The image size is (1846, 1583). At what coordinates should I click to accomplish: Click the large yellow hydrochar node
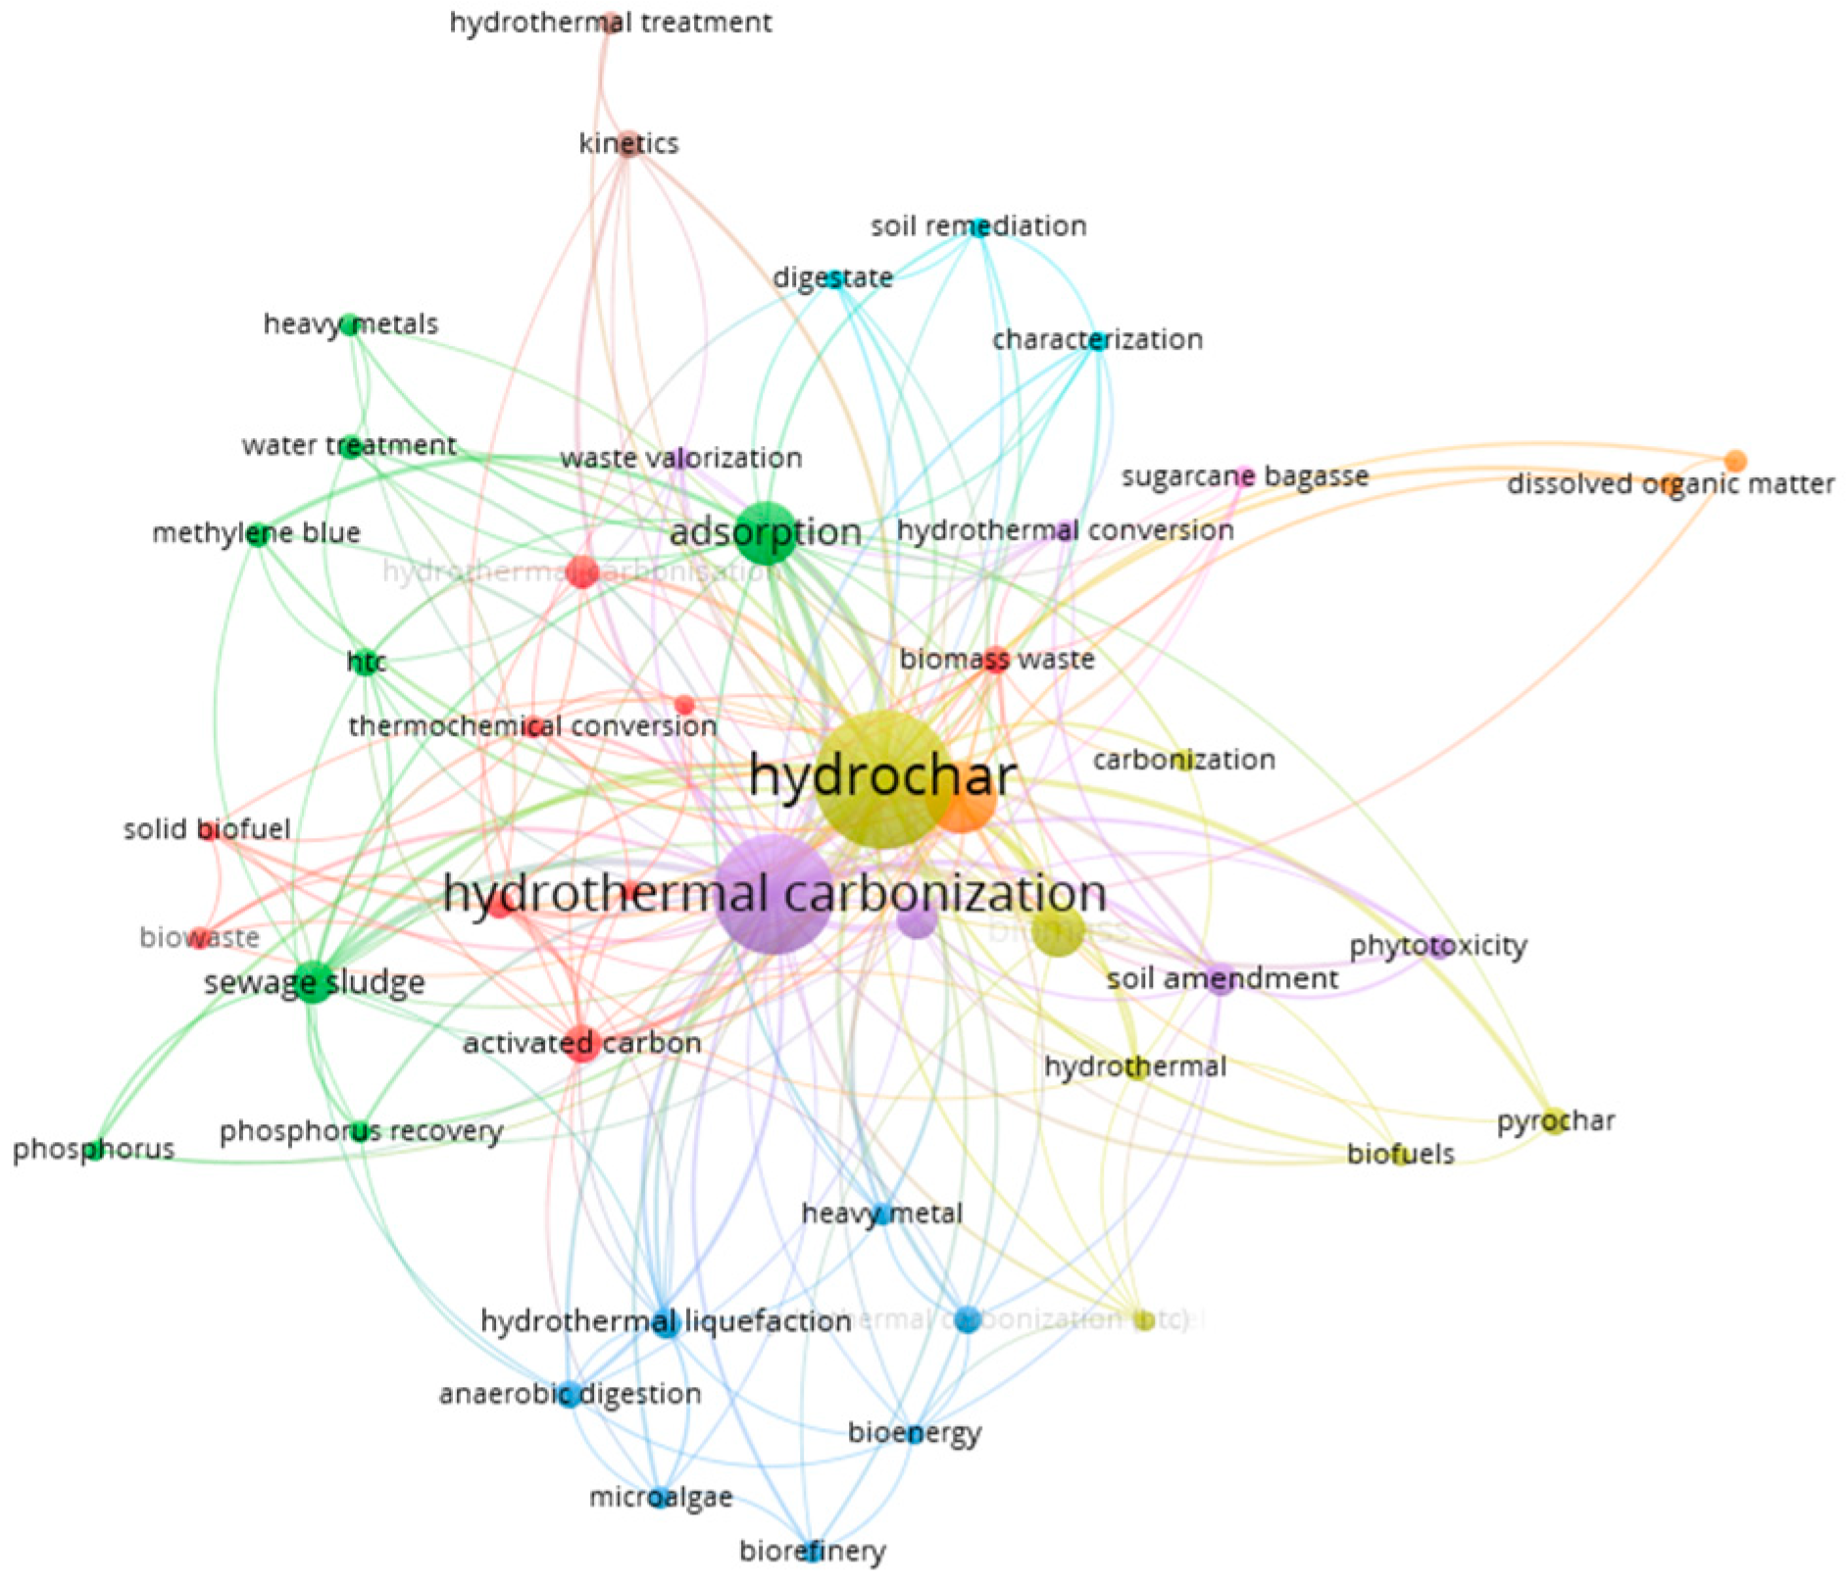[881, 780]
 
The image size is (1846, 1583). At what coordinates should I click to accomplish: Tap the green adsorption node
[766, 533]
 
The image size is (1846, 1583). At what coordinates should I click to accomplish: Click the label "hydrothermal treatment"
[610, 23]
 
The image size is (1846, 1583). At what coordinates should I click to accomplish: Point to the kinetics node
[629, 144]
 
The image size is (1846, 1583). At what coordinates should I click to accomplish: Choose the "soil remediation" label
[978, 226]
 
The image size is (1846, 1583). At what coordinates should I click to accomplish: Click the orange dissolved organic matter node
[1734, 461]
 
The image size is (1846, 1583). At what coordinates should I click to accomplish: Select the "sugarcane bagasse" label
[1244, 477]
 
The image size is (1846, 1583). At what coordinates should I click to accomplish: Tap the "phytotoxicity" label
[1437, 946]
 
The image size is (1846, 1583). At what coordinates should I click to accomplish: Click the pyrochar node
[1554, 1121]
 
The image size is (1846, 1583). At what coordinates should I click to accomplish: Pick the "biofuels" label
[1400, 1154]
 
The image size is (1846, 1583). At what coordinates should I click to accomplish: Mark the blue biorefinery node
[811, 1551]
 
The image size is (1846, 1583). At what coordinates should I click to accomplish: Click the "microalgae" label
[660, 1497]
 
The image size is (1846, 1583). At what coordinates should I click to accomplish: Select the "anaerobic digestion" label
[570, 1394]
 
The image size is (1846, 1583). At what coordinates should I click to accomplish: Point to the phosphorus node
[94, 1150]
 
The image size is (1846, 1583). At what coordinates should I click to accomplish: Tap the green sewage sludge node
[314, 982]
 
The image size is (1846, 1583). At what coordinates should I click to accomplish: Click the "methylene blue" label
[256, 533]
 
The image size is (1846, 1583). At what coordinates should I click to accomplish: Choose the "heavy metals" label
[350, 324]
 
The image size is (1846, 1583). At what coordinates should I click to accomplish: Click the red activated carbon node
[582, 1044]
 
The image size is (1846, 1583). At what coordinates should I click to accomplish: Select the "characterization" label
[1097, 340]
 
